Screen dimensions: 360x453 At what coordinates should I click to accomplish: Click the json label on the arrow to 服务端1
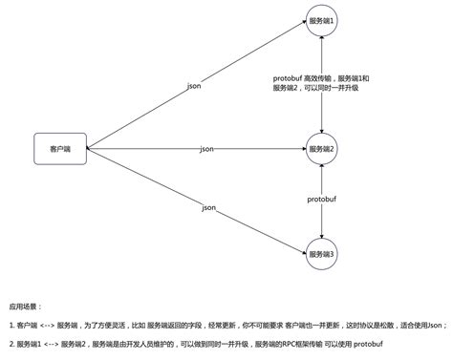click(x=194, y=86)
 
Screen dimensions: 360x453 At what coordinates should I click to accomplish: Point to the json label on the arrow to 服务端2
click(x=206, y=150)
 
